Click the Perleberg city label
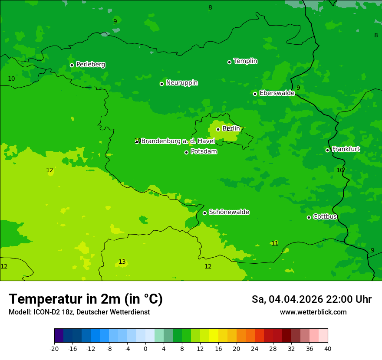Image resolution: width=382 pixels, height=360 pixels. [90, 65]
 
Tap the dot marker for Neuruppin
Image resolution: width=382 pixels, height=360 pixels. [161, 84]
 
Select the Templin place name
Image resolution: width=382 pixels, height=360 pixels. [245, 61]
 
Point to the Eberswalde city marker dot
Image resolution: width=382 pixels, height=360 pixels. [255, 94]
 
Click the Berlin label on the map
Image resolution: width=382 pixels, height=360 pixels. [231, 129]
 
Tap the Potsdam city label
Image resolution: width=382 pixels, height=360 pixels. [204, 152]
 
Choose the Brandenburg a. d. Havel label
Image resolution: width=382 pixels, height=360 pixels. [178, 141]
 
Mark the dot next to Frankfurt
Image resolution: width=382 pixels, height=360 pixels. [327, 150]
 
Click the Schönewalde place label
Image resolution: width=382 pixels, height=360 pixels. [229, 212]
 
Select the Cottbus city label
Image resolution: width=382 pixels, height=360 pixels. [325, 216]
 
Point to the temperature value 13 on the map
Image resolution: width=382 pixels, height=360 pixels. [122, 262]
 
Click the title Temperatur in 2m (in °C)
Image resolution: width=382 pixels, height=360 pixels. [86, 299]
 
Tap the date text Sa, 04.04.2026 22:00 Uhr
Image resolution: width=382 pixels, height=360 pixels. [311, 299]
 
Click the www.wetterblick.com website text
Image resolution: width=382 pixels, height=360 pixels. [313, 312]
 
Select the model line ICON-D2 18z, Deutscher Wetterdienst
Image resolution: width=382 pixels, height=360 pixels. [79, 312]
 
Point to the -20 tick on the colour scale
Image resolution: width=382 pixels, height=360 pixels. [54, 349]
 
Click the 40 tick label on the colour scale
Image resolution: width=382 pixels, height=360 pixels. [328, 349]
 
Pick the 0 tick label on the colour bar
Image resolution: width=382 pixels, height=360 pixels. [145, 349]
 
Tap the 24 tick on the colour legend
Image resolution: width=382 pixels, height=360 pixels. [255, 349]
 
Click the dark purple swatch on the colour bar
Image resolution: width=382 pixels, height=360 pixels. [59, 336]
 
